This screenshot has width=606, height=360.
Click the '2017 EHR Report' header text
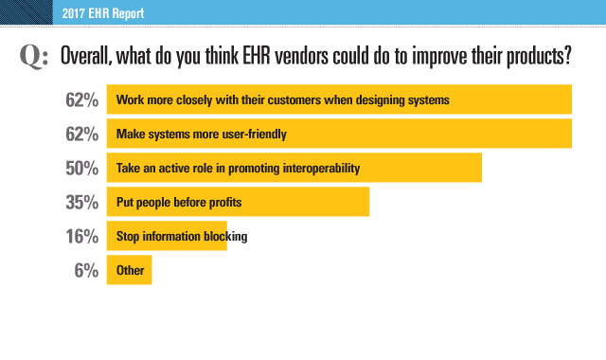(96, 14)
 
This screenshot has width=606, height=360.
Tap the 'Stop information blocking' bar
(168, 235)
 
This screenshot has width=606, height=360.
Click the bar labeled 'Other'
(129, 270)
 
